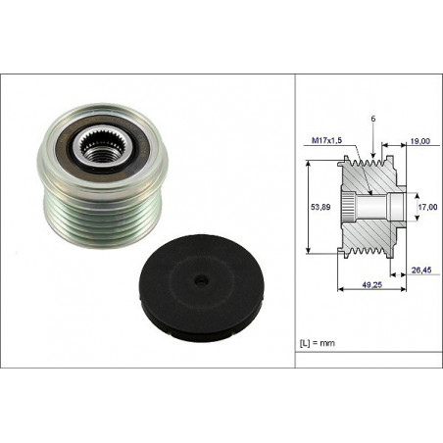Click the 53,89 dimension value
coord(320,207)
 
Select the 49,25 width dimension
coord(371,285)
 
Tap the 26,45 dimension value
coord(421,270)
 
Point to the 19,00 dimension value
coord(420,141)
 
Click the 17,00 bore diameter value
coord(427,207)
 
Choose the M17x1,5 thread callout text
coord(326,140)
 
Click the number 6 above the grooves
coord(373,119)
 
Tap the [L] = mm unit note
coord(318,343)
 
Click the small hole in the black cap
coord(200,280)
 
